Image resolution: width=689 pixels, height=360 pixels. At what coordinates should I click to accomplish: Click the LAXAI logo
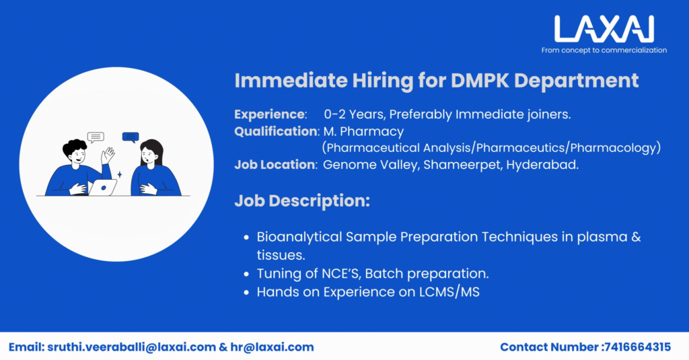(604, 29)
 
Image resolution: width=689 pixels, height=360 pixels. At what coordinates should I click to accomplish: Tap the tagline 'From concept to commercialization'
(604, 50)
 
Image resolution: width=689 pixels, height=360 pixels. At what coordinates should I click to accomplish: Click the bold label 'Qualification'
(276, 131)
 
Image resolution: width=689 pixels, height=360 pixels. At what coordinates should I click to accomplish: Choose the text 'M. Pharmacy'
(363, 131)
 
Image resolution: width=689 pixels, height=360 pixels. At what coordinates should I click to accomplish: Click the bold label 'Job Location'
(275, 164)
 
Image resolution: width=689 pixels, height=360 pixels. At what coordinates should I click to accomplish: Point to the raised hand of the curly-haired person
(108, 155)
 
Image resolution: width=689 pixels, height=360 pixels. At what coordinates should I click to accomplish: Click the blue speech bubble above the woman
(130, 137)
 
